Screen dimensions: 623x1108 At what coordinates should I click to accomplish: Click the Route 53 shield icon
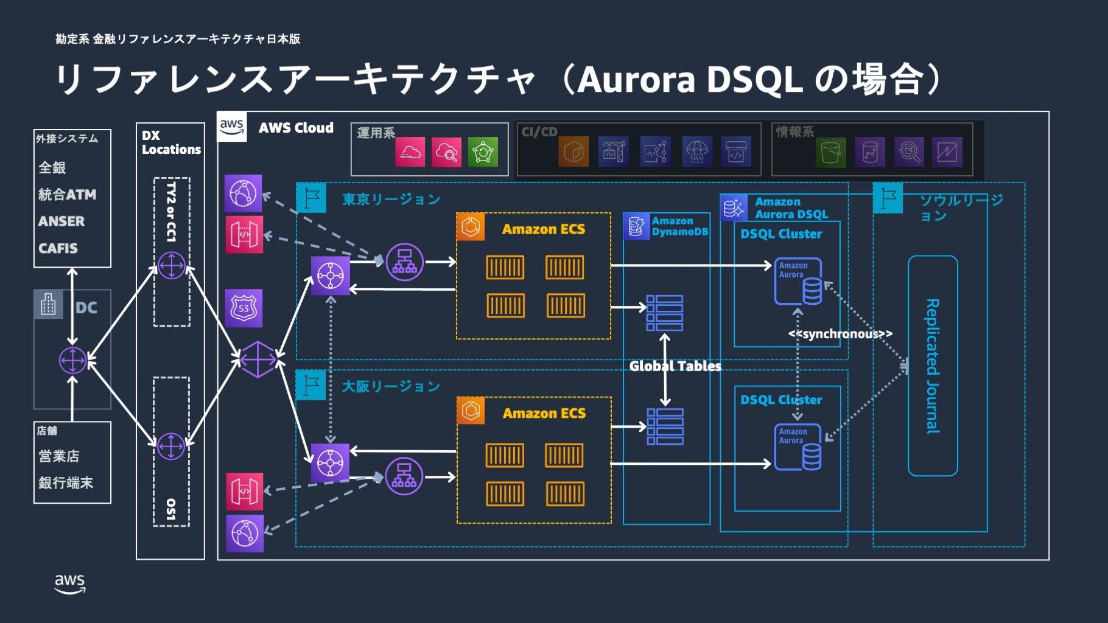click(x=244, y=308)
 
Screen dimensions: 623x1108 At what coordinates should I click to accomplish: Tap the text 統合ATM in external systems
click(x=67, y=195)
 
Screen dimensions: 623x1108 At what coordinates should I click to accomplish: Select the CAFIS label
click(x=58, y=248)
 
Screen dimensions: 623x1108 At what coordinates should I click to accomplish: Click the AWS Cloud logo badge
click(x=232, y=127)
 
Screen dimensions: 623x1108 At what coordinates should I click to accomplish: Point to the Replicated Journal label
click(x=933, y=366)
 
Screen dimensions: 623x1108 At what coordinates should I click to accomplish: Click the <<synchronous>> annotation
click(x=840, y=334)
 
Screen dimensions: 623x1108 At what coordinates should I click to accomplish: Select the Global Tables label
click(x=675, y=366)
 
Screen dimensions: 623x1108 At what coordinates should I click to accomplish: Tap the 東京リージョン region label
click(x=391, y=200)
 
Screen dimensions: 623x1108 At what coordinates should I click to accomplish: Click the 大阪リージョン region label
click(x=390, y=386)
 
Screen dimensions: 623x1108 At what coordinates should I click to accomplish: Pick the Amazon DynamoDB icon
click(x=637, y=226)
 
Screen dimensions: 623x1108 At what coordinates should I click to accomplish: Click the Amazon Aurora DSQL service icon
click(x=734, y=208)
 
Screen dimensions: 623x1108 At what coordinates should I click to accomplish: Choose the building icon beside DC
click(x=49, y=304)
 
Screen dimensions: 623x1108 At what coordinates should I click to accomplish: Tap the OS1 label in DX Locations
click(x=171, y=510)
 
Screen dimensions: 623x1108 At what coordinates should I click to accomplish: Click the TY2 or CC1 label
click(x=171, y=212)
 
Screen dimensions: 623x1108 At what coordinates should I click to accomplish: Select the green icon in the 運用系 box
click(x=483, y=152)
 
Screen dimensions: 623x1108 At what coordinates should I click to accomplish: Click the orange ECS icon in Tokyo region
click(x=471, y=227)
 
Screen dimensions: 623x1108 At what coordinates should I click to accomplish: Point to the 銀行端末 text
click(x=66, y=483)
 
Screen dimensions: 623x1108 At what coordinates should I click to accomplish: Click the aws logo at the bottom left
click(x=70, y=583)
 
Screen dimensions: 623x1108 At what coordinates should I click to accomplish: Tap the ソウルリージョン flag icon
click(x=888, y=198)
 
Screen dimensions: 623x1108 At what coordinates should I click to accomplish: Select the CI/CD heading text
click(x=539, y=132)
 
